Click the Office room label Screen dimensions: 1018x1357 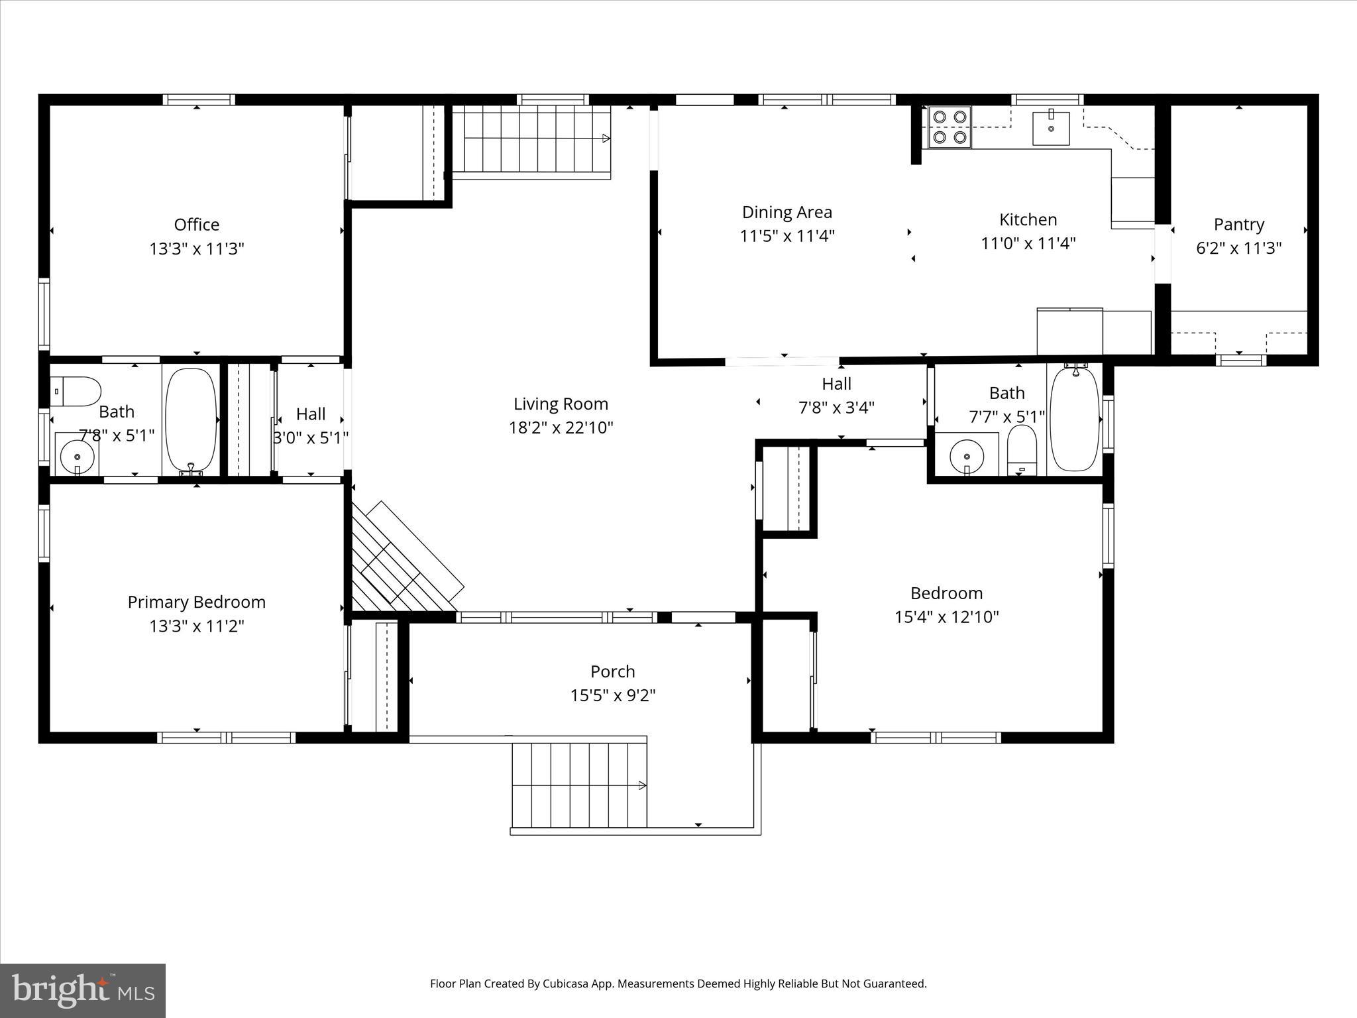pos(197,225)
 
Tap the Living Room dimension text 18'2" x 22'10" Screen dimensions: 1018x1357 pos(561,428)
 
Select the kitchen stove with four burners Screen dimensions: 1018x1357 pos(949,127)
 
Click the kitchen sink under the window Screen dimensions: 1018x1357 pos(1051,128)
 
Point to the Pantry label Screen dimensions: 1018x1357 pos(1238,225)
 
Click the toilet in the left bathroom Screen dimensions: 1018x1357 pos(75,392)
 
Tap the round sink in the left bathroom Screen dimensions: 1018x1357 pos(78,456)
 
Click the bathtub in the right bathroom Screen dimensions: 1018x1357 pos(1075,419)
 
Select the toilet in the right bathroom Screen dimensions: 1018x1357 pos(1022,448)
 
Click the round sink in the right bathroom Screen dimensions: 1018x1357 pos(967,456)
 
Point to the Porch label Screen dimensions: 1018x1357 pos(613,672)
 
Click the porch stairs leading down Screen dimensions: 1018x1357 pos(578,785)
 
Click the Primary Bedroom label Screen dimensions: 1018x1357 pos(197,602)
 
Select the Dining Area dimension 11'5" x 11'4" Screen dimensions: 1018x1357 pos(787,237)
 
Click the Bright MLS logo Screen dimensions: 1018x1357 pos(83,991)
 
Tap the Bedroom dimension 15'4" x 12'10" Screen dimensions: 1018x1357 pos(946,618)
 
